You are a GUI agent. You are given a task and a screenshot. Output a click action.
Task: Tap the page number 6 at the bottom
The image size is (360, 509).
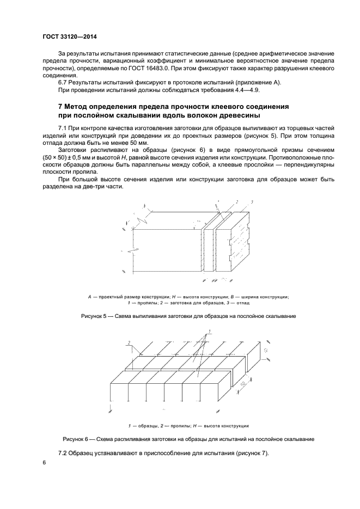(44, 462)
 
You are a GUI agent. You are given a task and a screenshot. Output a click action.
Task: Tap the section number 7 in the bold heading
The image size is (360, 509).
(60, 105)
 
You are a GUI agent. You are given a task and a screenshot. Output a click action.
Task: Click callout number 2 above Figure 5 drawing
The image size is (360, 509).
(237, 202)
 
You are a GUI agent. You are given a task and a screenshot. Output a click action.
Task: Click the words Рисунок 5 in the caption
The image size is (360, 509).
(95, 316)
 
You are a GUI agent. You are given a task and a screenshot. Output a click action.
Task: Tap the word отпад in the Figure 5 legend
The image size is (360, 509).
(243, 302)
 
